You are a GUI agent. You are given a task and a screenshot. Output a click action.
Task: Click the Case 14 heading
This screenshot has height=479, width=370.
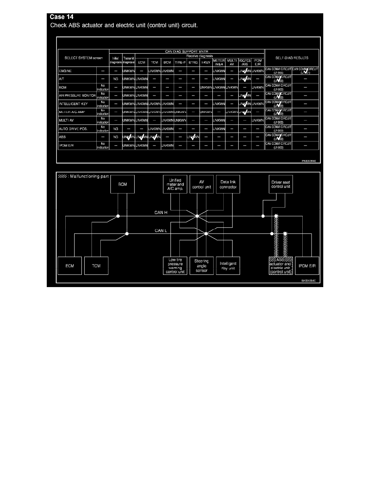61,17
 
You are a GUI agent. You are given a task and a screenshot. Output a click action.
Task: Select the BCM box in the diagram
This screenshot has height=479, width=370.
123,185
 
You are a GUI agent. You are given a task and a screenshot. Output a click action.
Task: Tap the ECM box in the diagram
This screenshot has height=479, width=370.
70,266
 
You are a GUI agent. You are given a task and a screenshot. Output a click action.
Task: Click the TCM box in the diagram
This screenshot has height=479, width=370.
96,266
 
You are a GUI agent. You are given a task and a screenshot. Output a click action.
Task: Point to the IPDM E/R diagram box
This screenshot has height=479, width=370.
307,266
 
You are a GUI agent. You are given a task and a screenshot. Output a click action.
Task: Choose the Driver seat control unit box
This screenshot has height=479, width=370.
281,185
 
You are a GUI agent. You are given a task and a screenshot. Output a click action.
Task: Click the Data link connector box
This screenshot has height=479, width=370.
228,185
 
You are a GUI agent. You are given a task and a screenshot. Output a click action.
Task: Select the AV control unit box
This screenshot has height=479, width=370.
201,185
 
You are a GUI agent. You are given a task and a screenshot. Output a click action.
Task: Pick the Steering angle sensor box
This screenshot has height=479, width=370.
201,266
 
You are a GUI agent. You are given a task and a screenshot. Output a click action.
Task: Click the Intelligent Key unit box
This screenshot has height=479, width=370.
228,266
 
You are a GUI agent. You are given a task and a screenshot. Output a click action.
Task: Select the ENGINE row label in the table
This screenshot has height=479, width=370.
65,71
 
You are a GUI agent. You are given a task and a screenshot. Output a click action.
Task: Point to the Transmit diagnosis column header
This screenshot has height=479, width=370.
128,60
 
